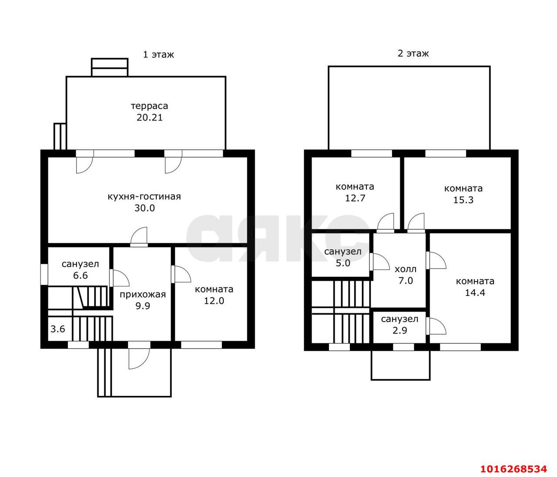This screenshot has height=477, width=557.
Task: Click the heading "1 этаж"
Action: [158, 55]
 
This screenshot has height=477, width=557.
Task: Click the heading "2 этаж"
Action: [413, 54]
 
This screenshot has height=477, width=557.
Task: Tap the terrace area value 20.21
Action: [150, 118]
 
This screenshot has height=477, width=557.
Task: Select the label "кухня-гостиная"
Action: [144, 197]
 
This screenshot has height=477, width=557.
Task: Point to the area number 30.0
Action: [145, 208]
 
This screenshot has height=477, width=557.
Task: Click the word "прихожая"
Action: [143, 295]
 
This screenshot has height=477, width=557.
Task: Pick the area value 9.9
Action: [143, 306]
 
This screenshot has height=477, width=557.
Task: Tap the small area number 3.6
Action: [58, 329]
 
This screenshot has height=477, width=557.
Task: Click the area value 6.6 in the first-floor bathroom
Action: [81, 275]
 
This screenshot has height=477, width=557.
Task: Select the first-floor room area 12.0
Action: [214, 301]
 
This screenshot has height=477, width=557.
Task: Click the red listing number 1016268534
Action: [513, 469]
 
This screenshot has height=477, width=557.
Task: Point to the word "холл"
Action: [405, 269]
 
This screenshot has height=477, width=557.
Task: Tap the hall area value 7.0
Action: [406, 281]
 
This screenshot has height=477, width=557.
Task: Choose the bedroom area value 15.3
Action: [463, 200]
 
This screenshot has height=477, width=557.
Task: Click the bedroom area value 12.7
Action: [355, 198]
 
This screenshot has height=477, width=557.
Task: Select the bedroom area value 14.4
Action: [475, 292]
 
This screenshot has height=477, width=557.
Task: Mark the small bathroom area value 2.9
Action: [399, 330]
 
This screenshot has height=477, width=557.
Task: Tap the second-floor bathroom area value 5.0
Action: [343, 263]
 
